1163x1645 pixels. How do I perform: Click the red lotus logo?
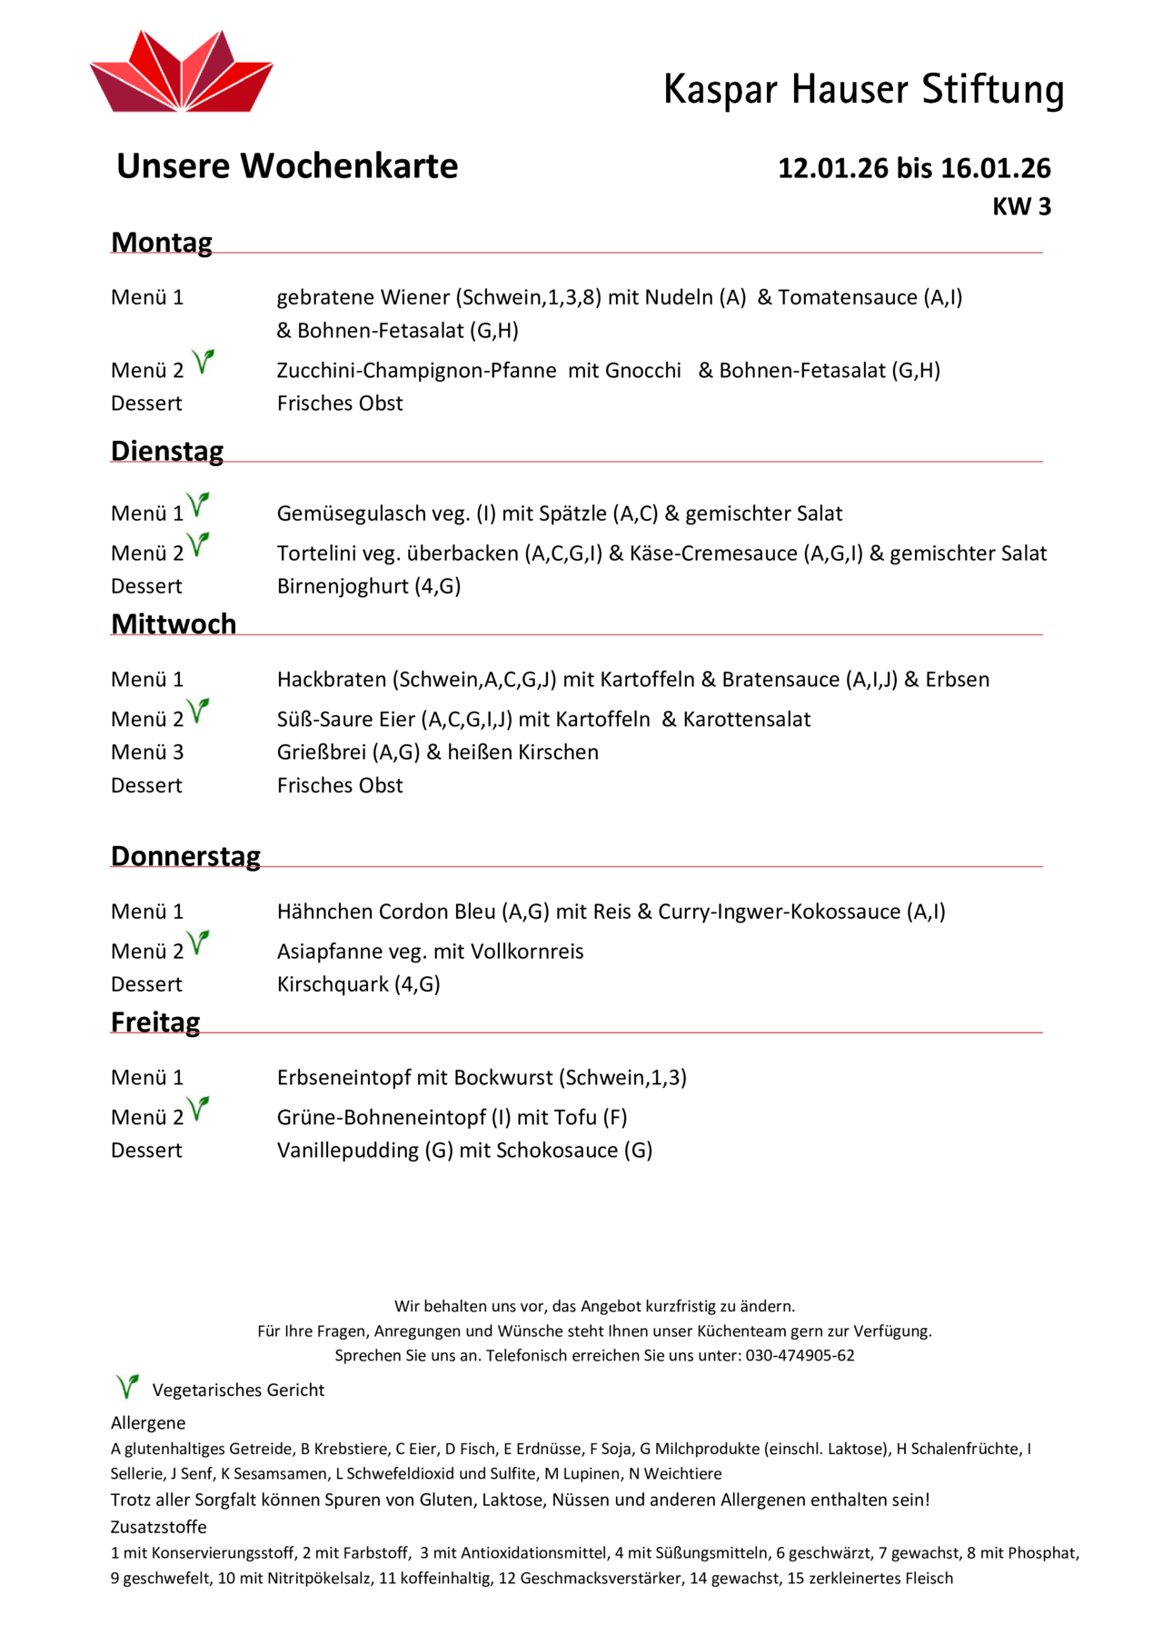point(181,73)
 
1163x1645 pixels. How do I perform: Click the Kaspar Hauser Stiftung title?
point(863,90)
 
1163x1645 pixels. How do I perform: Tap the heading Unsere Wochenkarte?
point(287,166)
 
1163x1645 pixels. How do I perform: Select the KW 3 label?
point(1021,207)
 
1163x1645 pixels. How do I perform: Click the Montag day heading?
point(162,243)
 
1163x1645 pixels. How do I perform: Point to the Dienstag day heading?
point(167,452)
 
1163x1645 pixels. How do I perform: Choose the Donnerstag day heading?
point(185,856)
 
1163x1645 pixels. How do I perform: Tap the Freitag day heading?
point(155,1022)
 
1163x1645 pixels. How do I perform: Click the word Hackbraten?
point(332,680)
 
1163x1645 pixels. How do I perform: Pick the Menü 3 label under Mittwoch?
point(147,753)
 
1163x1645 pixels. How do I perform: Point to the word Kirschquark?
point(333,984)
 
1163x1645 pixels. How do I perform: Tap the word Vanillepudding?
point(347,1151)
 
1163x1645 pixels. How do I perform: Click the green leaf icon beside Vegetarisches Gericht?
point(127,1387)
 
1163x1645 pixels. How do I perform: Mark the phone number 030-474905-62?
point(800,1356)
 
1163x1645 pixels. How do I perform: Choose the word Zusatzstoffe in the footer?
point(159,1527)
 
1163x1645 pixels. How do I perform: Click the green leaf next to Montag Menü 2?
point(204,362)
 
